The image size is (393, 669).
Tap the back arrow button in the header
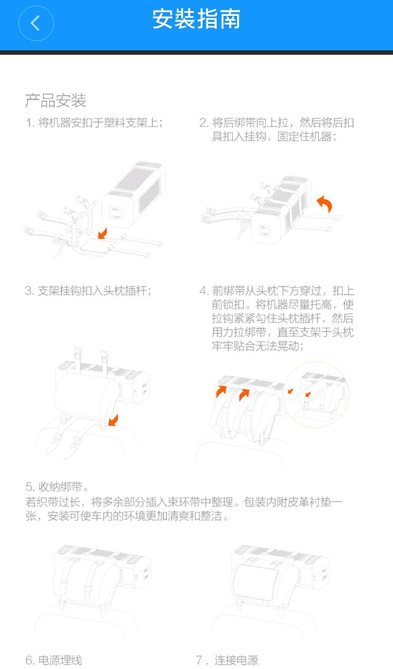pos(36,23)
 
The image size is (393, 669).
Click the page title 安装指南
pos(196,20)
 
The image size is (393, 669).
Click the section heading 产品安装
pos(55,101)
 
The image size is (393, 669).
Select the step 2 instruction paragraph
pos(277,130)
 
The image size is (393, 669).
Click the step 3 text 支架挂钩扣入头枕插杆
pos(88,291)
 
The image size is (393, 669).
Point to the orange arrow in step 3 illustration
pos(111,420)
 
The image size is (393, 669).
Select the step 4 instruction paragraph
pos(277,319)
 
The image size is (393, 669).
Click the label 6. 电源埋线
pos(53,660)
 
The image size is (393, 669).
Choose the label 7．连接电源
pos(227,660)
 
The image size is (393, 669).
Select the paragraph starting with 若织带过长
pos(184,509)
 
